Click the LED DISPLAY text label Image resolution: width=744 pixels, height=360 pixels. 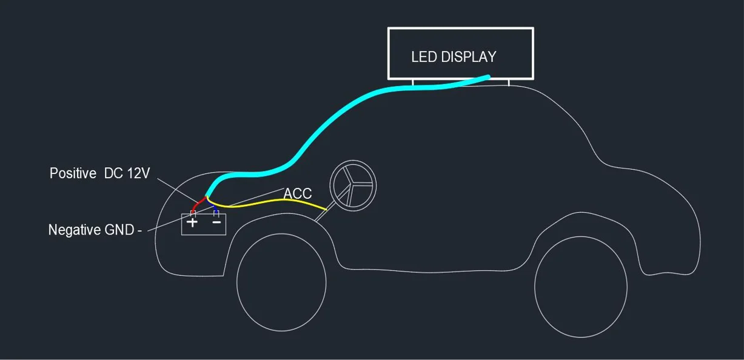454,57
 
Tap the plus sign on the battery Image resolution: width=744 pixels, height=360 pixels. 192,222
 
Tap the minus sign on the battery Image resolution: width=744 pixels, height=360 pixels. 216,222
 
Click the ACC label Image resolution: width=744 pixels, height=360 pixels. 298,194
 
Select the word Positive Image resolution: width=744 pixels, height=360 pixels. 73,173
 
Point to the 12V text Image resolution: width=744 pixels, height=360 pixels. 138,173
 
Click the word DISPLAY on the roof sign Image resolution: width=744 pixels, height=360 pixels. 469,57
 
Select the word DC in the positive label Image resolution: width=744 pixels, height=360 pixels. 113,173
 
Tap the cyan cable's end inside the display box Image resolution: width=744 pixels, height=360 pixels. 487,76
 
